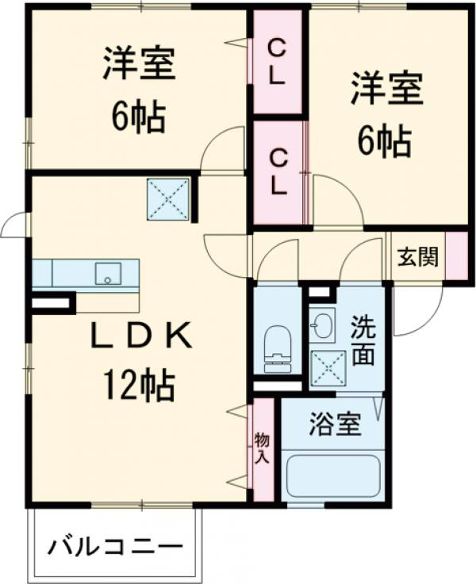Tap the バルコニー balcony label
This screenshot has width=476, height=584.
point(116,547)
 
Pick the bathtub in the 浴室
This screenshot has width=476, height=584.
point(332,474)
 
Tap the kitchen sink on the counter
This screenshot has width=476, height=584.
point(106,274)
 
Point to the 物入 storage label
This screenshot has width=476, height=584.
point(262,448)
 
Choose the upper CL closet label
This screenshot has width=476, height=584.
point(277,63)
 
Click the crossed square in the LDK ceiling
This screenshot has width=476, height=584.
point(168,198)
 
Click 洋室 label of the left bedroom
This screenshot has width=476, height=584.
point(138,66)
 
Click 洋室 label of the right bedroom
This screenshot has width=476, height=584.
point(388,90)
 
